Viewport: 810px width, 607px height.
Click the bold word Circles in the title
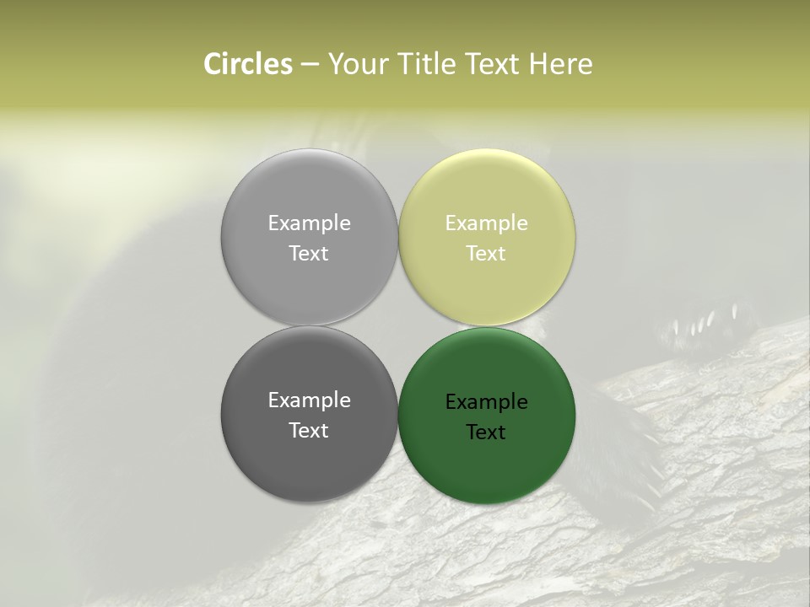248,64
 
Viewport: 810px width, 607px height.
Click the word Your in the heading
355,65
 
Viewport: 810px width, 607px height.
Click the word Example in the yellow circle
486,223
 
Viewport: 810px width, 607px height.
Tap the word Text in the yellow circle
486,253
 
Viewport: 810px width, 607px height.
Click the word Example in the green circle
486,402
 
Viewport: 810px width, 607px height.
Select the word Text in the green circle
486,432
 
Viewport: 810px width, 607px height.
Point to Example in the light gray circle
309,223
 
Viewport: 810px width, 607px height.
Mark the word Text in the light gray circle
309,253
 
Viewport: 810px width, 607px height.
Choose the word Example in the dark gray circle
309,400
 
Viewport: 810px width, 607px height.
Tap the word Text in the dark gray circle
309,430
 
